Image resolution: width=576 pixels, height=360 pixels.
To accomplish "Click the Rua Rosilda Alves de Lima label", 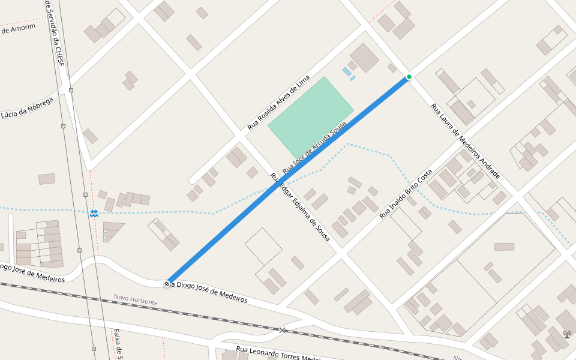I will click(279, 103).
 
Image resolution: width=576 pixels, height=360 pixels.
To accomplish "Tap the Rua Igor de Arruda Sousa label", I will click(314, 146).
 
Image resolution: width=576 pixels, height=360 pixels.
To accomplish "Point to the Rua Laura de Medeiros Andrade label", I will click(466, 141).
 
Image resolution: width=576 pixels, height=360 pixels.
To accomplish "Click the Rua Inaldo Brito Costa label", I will click(406, 193).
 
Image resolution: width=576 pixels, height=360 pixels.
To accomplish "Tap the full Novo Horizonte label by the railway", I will click(136, 299).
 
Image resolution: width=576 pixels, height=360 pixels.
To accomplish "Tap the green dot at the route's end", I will click(409, 77).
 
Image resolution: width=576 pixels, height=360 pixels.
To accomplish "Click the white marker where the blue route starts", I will click(167, 283).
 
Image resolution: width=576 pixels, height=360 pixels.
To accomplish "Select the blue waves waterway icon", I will click(94, 214).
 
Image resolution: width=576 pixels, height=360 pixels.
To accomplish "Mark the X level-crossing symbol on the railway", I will click(283, 330).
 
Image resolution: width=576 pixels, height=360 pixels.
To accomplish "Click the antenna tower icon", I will click(567, 334).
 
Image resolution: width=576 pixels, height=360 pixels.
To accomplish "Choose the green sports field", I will click(310, 116).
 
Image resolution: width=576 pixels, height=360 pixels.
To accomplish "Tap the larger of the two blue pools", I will click(347, 71).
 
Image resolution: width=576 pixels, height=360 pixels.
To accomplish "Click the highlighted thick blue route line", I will click(288, 180).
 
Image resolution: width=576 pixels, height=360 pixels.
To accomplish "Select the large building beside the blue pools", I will click(364, 58).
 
